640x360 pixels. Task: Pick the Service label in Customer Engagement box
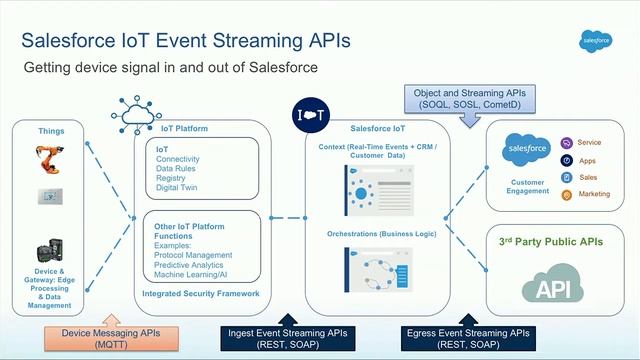click(x=589, y=143)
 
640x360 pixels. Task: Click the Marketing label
click(x=595, y=194)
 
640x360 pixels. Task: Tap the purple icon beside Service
click(x=567, y=143)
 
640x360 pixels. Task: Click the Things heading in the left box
click(x=51, y=131)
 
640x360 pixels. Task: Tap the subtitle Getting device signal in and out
click(x=171, y=67)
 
